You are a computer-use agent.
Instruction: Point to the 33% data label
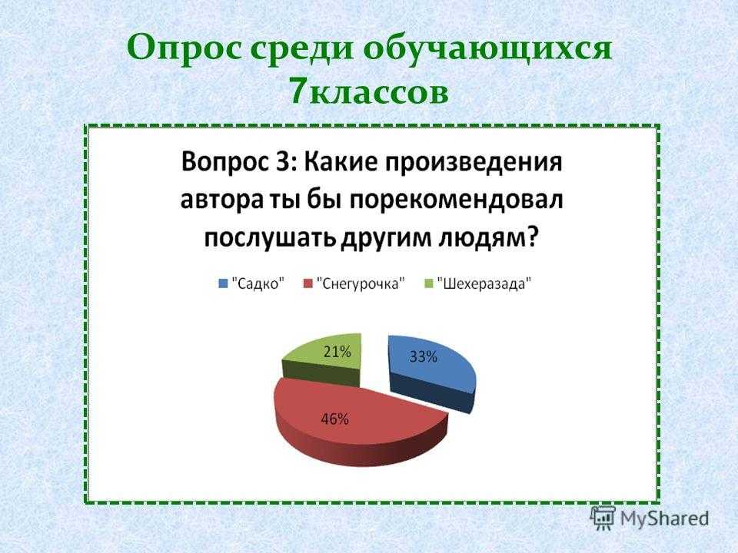[423, 357]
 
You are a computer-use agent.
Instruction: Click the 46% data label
[334, 419]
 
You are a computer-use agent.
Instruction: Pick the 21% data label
[337, 351]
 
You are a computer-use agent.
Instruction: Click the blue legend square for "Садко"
[223, 283]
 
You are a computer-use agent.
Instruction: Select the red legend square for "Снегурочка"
[308, 283]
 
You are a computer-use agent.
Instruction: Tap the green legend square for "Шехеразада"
[428, 283]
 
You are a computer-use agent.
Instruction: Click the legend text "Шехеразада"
[484, 284]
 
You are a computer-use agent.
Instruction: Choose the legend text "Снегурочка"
[361, 284]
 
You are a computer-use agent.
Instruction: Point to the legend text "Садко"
[258, 284]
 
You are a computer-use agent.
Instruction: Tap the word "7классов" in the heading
[368, 91]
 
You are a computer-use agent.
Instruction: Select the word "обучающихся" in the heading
[488, 49]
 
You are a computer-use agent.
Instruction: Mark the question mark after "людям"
[531, 239]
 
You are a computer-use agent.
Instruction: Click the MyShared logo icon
[603, 518]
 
